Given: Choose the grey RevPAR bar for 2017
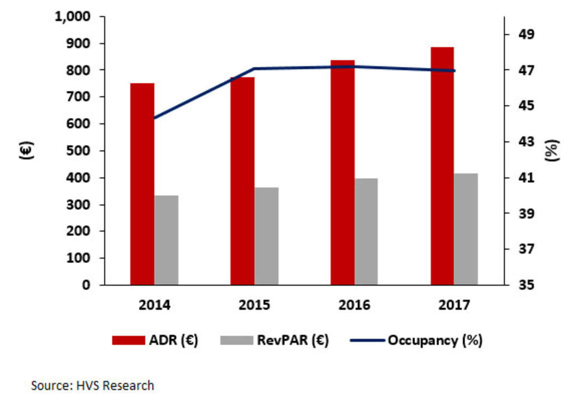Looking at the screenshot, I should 466,229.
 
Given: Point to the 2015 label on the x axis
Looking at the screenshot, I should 255,305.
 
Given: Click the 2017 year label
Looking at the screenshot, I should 454,305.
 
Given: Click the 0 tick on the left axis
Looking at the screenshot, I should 86,285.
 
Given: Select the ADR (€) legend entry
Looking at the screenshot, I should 155,340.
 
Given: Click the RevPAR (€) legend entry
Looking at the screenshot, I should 274,340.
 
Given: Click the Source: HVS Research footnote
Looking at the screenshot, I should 92,385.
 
